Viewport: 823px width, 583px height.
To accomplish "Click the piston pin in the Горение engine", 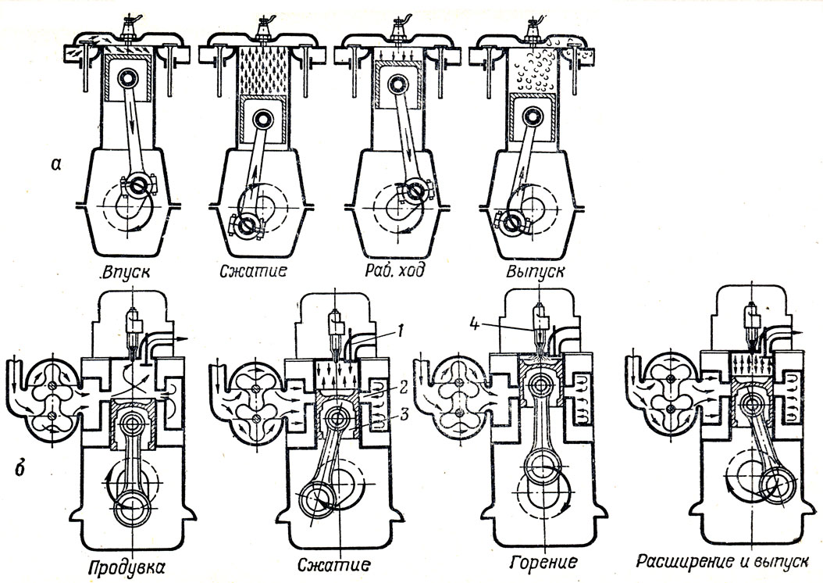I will (538, 386).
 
